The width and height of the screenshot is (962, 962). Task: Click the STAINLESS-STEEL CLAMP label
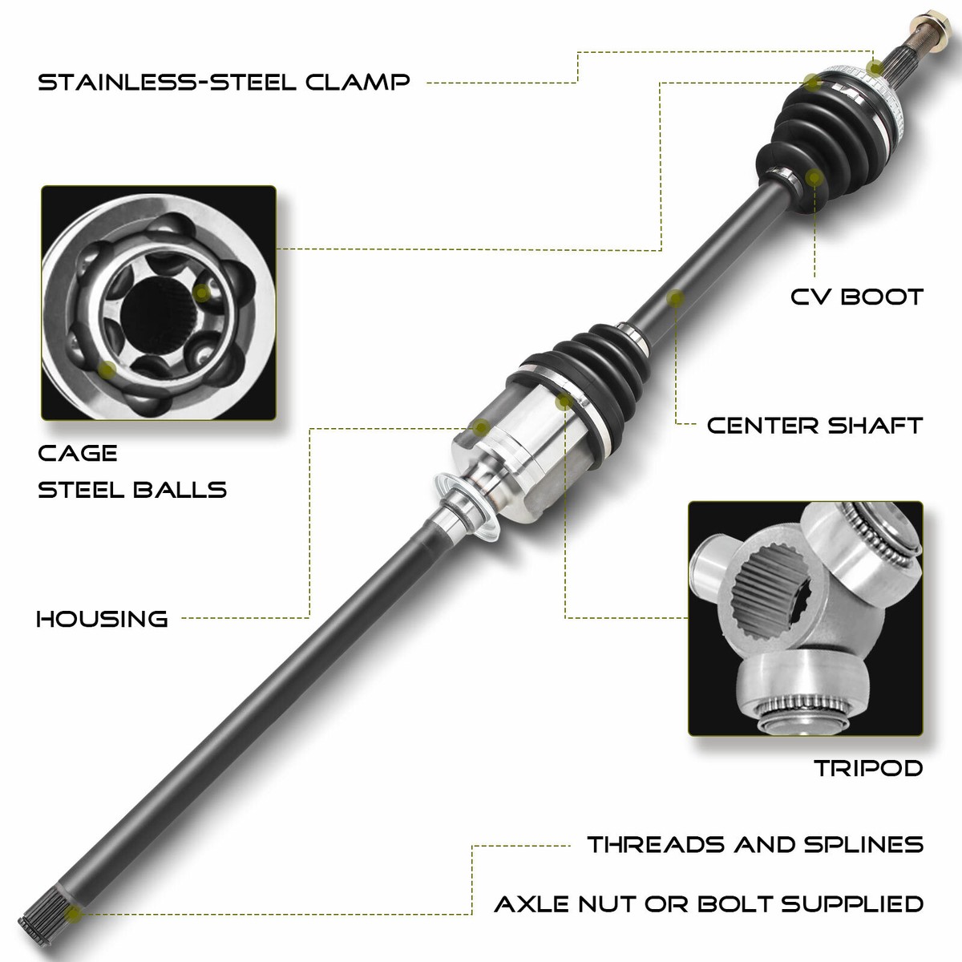(224, 82)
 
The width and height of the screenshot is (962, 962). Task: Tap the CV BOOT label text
(856, 297)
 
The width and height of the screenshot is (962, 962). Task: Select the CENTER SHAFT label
(814, 425)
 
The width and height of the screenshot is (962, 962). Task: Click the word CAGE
(78, 453)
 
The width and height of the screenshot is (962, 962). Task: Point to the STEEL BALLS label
(132, 489)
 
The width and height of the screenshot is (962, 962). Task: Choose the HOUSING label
(103, 618)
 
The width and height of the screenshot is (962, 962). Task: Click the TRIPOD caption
(868, 768)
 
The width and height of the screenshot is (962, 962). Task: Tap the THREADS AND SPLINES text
(755, 844)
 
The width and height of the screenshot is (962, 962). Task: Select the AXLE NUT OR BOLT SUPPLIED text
(709, 904)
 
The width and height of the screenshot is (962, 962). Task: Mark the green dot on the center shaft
(676, 298)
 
